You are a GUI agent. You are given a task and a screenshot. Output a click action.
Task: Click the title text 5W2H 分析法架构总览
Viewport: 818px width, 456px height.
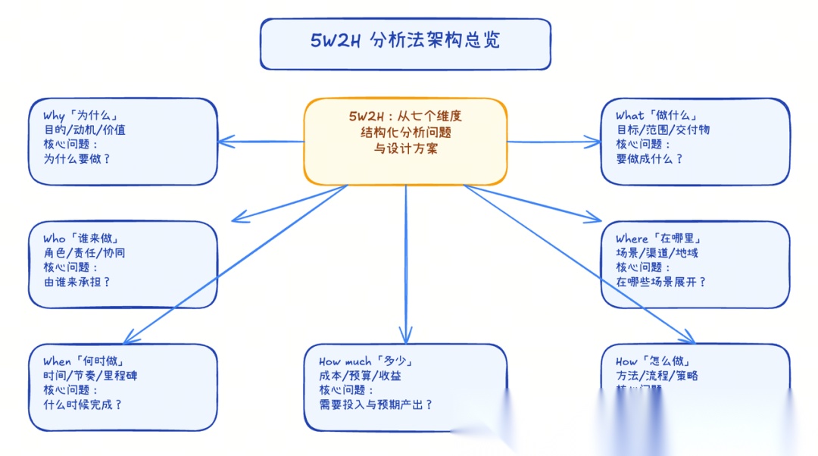point(405,41)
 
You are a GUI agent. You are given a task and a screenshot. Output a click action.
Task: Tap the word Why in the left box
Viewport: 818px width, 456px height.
point(54,116)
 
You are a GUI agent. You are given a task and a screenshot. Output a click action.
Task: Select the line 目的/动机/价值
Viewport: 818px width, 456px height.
point(84,130)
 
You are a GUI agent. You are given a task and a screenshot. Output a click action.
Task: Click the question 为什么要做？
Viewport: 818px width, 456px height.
point(76,158)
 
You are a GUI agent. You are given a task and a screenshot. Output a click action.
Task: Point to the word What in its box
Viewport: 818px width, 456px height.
point(629,116)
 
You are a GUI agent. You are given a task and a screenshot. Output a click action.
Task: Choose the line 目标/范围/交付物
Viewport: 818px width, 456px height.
point(663,130)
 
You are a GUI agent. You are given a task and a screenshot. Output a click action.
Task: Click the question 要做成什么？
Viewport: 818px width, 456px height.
point(649,158)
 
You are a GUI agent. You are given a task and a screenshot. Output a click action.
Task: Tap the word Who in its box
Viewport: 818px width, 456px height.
point(55,239)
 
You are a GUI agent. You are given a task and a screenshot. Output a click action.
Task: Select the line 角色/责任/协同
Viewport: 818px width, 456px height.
point(84,252)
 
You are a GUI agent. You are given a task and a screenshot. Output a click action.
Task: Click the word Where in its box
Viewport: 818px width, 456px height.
point(632,239)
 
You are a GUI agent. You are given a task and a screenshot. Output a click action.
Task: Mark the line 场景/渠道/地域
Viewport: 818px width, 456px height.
point(657,252)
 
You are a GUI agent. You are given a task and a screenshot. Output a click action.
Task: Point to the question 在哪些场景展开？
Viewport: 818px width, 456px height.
point(660,282)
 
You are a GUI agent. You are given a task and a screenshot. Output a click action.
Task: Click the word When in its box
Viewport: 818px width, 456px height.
point(57,361)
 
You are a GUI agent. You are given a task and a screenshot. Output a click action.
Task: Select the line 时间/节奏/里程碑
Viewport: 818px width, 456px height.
point(90,375)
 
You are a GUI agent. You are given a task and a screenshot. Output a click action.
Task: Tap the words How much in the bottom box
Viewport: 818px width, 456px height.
point(345,361)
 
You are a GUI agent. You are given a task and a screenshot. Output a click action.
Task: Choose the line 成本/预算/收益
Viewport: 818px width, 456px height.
point(360,375)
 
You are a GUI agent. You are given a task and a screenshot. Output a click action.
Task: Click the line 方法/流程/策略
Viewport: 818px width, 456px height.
point(657,375)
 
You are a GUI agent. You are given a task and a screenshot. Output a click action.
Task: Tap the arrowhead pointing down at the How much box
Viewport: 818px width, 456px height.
point(406,337)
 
